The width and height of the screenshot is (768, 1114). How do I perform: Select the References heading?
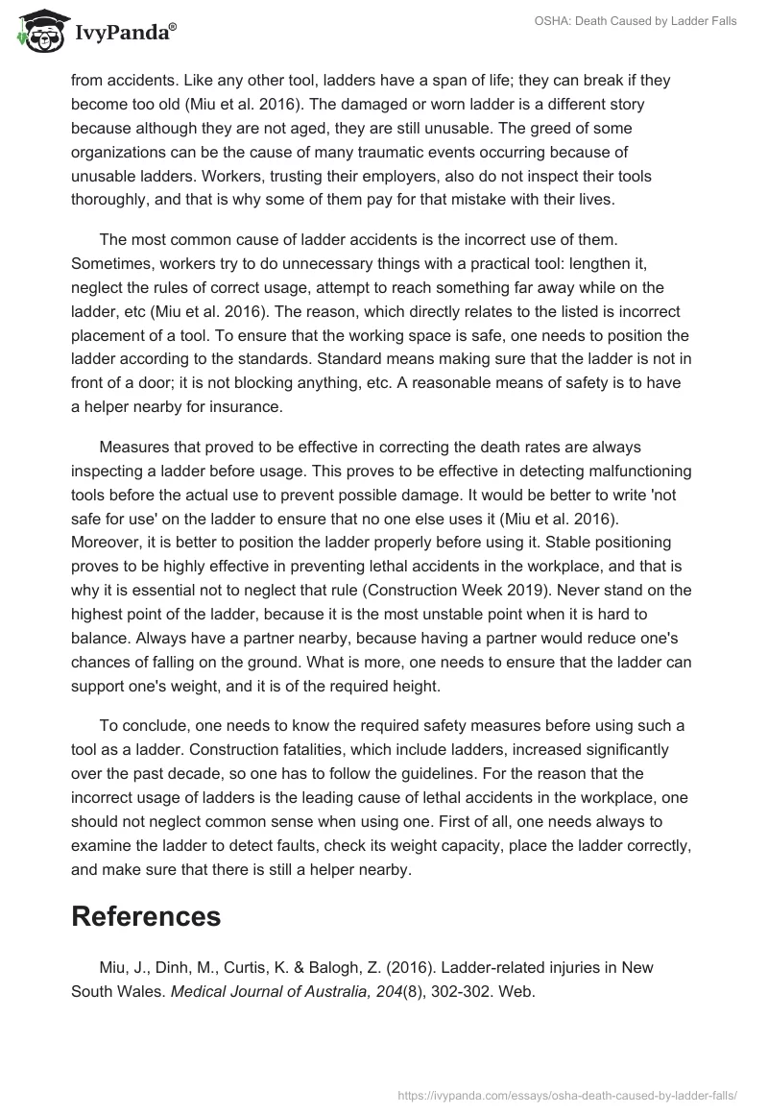click(x=146, y=915)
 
